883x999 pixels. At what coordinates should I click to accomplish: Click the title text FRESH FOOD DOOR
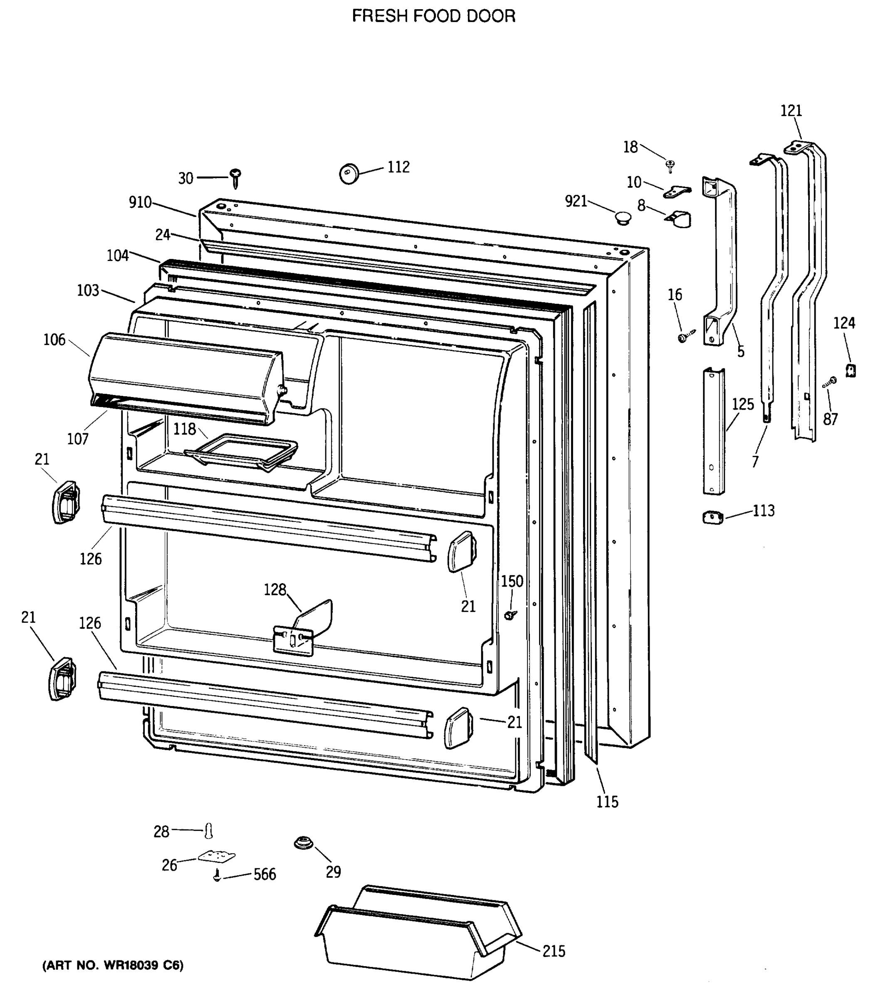(433, 16)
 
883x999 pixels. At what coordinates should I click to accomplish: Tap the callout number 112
(398, 167)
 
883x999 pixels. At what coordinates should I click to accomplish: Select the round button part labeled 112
(349, 174)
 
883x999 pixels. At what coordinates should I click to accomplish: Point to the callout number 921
(576, 201)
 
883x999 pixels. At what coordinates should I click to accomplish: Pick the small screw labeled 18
(670, 166)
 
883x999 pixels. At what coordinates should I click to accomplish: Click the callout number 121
(791, 111)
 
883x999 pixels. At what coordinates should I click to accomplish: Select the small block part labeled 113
(712, 517)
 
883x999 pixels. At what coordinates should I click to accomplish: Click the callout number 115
(607, 802)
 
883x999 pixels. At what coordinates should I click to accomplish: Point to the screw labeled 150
(511, 615)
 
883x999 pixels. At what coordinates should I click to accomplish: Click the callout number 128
(275, 590)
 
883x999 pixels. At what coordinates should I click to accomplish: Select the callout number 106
(54, 340)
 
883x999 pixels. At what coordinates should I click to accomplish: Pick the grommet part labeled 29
(303, 843)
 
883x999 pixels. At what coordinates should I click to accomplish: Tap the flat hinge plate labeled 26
(216, 856)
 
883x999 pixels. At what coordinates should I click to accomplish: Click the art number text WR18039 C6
(113, 965)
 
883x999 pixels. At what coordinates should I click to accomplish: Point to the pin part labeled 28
(209, 830)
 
